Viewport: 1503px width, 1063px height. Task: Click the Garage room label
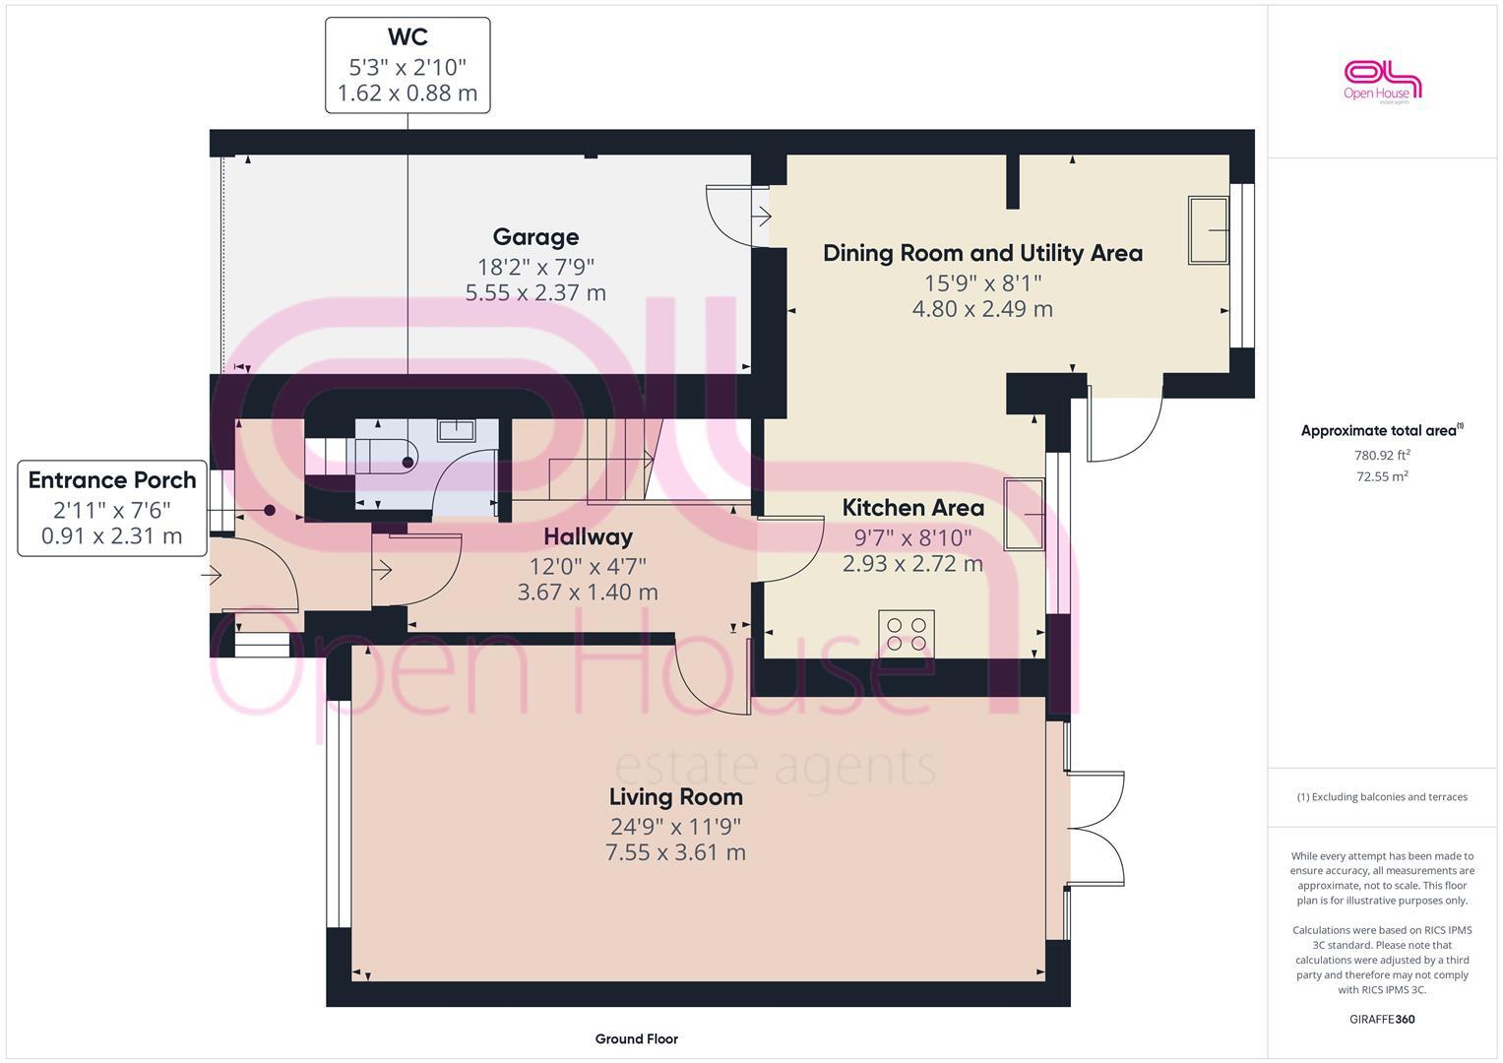535,237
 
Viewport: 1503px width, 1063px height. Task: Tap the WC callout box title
407,37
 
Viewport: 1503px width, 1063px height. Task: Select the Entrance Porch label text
112,480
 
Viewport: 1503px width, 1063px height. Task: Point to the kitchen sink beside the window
1024,515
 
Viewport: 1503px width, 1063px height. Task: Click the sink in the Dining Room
1208,230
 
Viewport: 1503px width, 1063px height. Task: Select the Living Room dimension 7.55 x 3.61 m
675,852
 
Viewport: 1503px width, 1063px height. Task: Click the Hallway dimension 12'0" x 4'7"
588,566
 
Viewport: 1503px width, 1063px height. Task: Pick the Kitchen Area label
912,508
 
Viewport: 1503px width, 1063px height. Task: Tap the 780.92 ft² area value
1382,455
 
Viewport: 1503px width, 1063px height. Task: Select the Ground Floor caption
636,1038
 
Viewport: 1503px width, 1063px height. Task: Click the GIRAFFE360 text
1382,1019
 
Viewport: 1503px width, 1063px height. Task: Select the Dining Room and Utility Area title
982,253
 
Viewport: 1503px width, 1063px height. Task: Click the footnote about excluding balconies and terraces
1382,797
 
